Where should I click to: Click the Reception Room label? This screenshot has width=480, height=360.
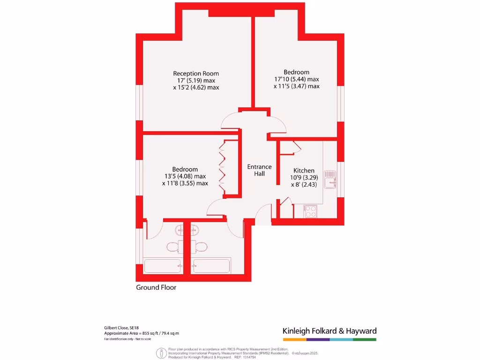coord(196,74)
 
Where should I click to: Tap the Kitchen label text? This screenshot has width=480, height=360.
coord(304,171)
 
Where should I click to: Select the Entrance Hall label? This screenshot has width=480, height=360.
coord(259,170)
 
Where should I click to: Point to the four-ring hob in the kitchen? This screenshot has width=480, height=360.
coord(310,211)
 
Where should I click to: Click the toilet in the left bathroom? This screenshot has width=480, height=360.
coord(172,247)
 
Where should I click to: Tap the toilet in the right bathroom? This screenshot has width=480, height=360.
coord(202,247)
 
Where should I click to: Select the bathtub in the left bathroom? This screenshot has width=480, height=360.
coord(162,266)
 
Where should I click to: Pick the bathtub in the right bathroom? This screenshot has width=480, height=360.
coord(211,266)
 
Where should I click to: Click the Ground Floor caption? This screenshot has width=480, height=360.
coord(156,287)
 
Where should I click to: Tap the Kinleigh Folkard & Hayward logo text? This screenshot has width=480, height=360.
coord(330,331)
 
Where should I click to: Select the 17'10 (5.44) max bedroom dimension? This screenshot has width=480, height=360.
coord(296,79)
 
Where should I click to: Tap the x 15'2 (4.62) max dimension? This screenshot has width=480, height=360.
coord(196,87)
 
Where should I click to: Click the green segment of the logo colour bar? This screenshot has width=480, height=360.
coord(365,339)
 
